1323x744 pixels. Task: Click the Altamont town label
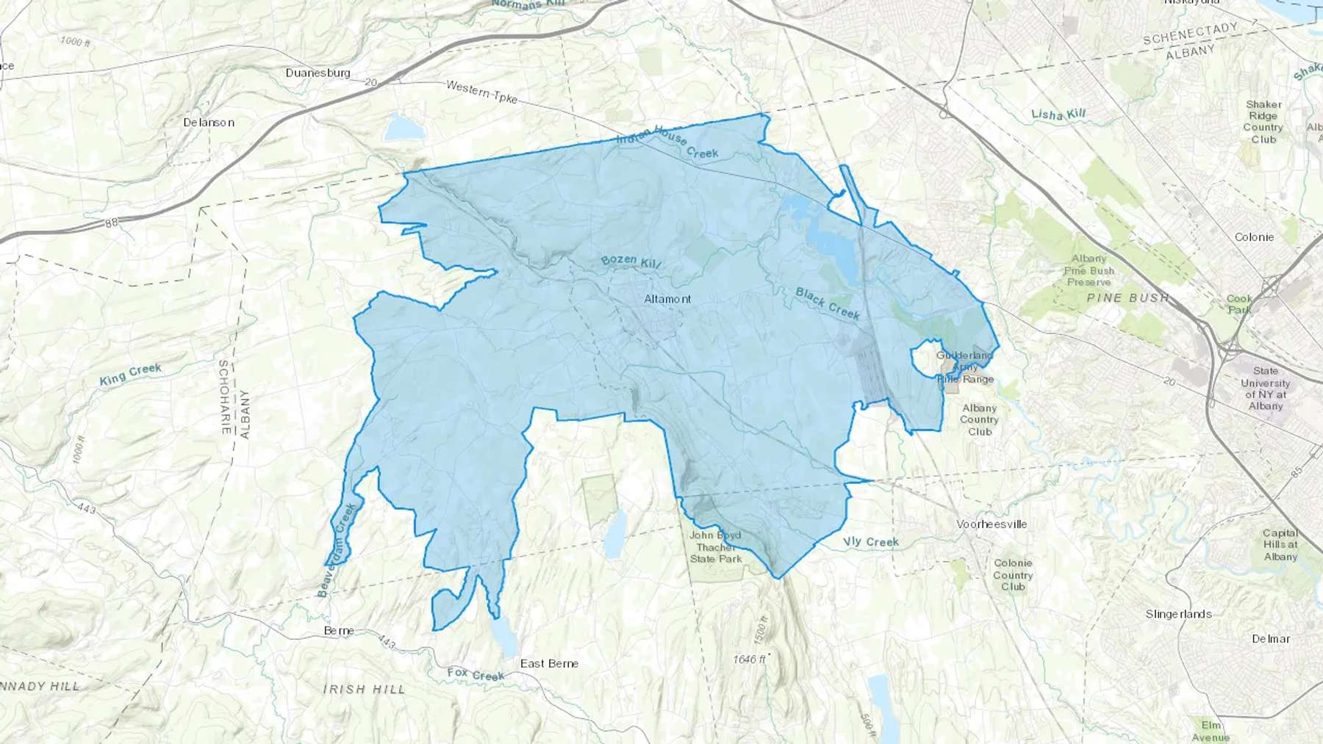click(667, 299)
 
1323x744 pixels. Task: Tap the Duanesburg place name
click(318, 73)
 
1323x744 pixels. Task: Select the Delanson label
click(209, 122)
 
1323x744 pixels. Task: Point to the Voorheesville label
click(992, 524)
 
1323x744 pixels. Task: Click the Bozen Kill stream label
click(631, 261)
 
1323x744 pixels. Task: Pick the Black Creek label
click(828, 303)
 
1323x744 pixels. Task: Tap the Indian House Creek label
click(667, 145)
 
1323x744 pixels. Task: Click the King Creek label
click(130, 375)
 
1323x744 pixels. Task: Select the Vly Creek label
click(871, 542)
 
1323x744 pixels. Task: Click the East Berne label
click(549, 663)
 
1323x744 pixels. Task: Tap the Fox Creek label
click(476, 674)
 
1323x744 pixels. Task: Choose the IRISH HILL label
click(364, 689)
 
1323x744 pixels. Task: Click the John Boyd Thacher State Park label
click(715, 546)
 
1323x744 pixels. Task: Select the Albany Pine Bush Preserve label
click(1089, 270)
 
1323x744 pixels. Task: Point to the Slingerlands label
click(1178, 614)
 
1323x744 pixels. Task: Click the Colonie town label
click(1254, 237)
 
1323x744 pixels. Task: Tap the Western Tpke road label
click(481, 93)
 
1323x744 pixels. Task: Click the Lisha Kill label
click(1058, 115)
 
